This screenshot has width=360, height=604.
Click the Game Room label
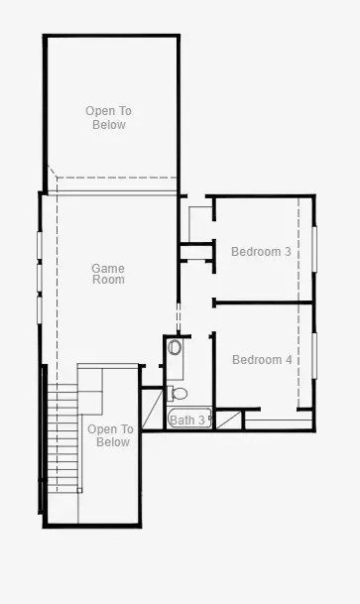(108, 274)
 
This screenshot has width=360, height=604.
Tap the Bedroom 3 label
(261, 252)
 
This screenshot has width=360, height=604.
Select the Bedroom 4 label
(262, 360)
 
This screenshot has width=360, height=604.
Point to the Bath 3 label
(187, 420)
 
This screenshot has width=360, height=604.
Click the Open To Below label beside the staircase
(110, 435)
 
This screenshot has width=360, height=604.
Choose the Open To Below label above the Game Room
(108, 118)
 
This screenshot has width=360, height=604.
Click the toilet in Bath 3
(178, 394)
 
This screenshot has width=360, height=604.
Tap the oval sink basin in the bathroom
(175, 347)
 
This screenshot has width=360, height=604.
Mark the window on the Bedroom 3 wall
(314, 249)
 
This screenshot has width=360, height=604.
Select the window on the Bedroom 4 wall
(314, 355)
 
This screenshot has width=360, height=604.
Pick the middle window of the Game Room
(40, 278)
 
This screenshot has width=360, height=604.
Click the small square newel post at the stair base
(79, 490)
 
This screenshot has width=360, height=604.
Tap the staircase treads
(62, 438)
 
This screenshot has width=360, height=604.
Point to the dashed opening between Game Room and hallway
(179, 318)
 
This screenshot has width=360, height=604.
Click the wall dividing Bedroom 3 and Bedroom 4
(263, 302)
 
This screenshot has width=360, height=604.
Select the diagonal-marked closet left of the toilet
(153, 409)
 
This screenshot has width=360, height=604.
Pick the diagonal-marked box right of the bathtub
(228, 420)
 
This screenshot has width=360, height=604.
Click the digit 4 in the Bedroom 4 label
(289, 360)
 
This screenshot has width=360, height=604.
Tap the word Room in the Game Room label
(108, 280)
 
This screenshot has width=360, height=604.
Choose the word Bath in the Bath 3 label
(182, 420)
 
